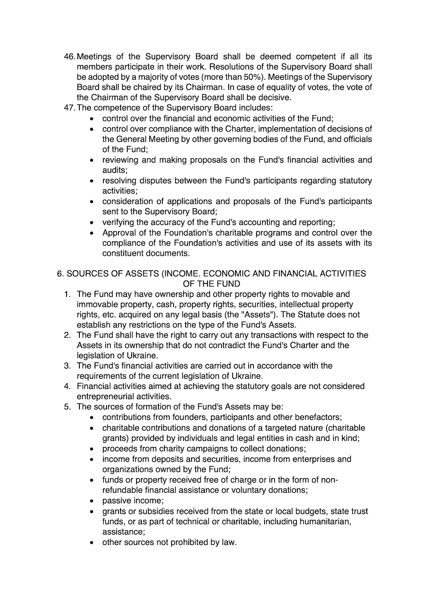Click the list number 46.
pyautogui.click(x=69, y=57)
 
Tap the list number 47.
pyautogui.click(x=69, y=108)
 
